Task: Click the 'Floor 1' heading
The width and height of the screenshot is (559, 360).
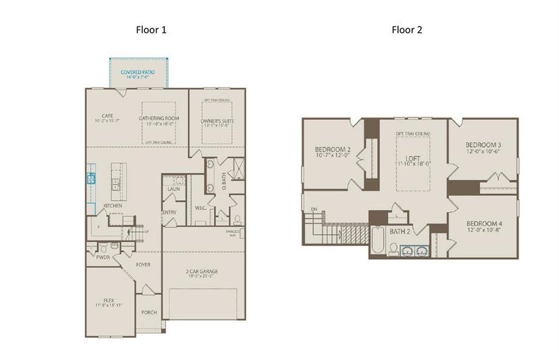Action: coord(151,30)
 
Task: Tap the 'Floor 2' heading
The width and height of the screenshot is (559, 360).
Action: coord(406,30)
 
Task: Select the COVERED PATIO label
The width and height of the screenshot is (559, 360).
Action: coord(138,72)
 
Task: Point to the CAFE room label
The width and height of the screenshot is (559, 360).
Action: coord(107,116)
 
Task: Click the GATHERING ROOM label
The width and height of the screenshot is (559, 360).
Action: coord(159,118)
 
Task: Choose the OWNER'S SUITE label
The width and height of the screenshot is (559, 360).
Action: coord(217,121)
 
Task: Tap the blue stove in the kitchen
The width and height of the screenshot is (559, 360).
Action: coord(91,178)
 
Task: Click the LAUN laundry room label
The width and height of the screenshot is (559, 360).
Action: coord(174,189)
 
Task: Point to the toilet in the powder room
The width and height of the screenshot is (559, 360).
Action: coord(104,247)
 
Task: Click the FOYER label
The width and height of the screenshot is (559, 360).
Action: coord(143,265)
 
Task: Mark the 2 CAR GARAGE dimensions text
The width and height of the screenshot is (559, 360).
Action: coord(203,277)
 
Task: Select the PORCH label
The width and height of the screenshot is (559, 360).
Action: coord(149,313)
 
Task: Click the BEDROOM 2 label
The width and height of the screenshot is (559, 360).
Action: coord(332,150)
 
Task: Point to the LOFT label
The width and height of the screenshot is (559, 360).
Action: coord(413,158)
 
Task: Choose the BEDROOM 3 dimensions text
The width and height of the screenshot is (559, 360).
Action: coord(483,151)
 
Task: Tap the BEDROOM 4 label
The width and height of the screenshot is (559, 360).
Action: coord(483,223)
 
